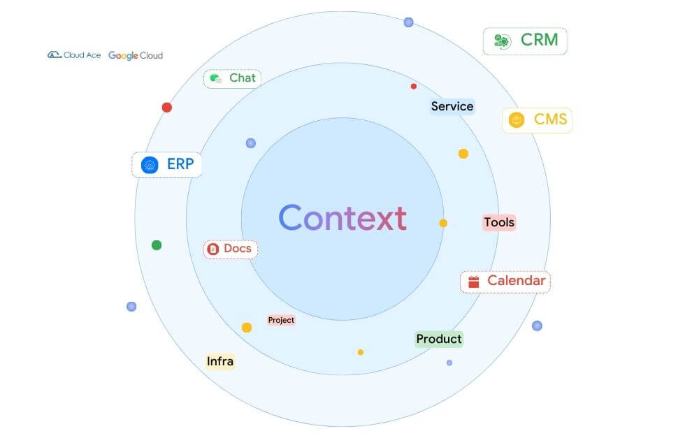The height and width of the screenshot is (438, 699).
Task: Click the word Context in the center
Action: pos(343,218)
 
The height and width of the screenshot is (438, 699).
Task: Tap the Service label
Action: pos(452,107)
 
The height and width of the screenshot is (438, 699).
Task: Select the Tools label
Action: pos(499,223)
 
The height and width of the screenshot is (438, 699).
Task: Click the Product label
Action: pos(439,340)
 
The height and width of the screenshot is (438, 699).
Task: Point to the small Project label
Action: pos(281,320)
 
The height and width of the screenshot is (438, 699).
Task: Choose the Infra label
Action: pos(220,361)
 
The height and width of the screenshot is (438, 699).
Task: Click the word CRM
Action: pos(540,40)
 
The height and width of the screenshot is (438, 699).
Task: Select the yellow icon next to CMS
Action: pos(517,120)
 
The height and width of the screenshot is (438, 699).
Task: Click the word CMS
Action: pos(550,119)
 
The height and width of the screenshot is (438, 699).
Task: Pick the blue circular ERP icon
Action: pos(150,165)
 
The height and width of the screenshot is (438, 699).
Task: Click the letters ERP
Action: pos(180,165)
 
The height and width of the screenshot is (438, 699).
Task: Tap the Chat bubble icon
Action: pos(215,78)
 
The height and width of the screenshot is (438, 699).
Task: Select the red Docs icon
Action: pos(214,249)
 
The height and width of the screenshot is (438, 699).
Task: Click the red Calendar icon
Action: pos(473,282)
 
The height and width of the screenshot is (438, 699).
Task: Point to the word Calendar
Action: pos(516,281)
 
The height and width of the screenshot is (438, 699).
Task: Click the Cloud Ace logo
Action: pos(74,55)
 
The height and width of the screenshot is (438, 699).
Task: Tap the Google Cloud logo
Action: pos(136,55)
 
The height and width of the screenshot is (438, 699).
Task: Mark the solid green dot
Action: pos(157,245)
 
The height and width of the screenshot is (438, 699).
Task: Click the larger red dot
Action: pos(167,108)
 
